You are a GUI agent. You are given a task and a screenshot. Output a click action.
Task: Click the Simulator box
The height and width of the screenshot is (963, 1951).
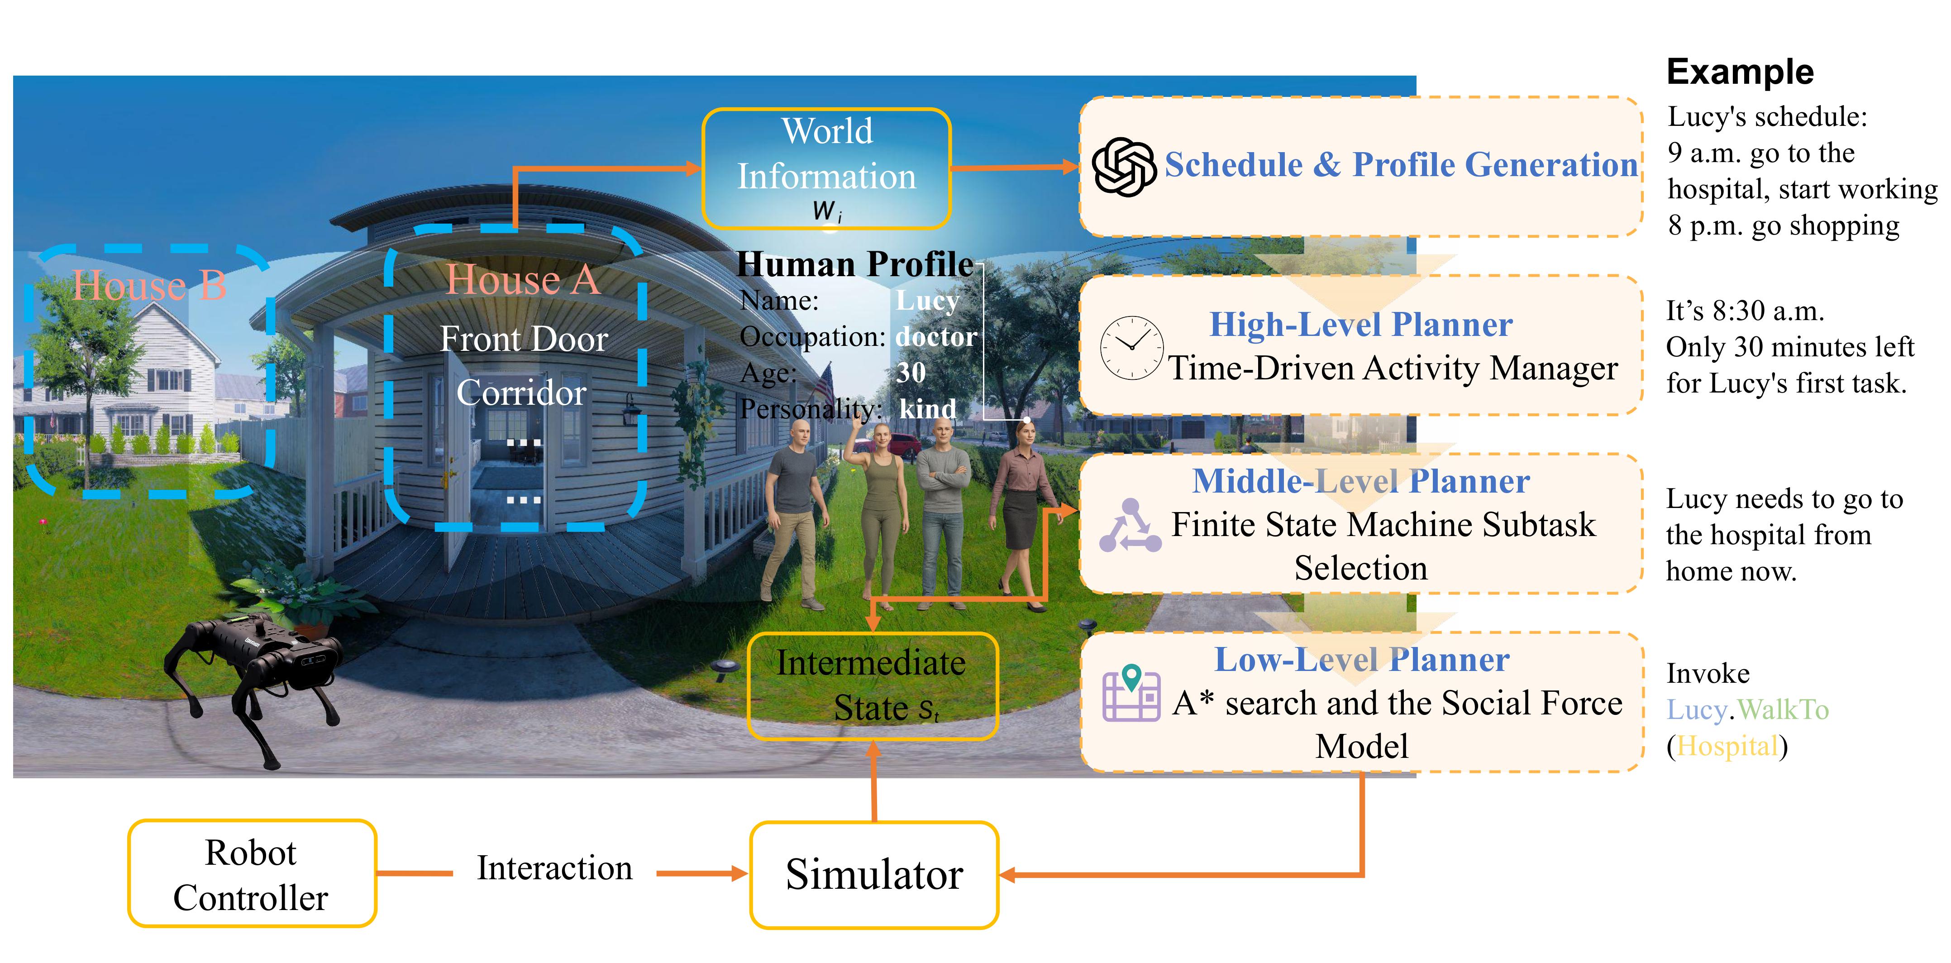click(873, 874)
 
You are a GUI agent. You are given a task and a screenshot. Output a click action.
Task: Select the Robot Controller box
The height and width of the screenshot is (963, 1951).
click(252, 874)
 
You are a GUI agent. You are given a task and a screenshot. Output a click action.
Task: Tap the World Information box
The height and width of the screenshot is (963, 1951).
click(826, 168)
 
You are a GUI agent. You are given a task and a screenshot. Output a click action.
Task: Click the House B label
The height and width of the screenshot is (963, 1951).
click(149, 286)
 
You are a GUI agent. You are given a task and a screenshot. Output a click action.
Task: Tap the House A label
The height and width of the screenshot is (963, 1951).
click(523, 280)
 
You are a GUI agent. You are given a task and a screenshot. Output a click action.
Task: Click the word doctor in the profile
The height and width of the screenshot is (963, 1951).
click(935, 336)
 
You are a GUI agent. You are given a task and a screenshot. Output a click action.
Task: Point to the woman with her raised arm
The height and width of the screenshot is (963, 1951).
click(880, 500)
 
